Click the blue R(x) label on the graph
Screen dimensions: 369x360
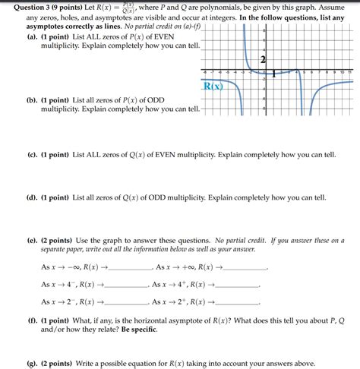click(x=213, y=86)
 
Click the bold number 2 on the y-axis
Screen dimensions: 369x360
click(x=263, y=60)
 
